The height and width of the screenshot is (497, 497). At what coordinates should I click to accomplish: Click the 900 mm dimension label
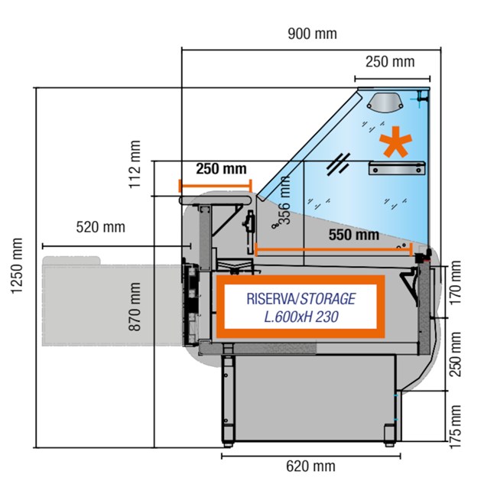pos(312,34)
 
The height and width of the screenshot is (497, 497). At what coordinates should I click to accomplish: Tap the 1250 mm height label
pos(17,266)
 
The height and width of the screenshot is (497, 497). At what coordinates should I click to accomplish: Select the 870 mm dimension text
pos(135,307)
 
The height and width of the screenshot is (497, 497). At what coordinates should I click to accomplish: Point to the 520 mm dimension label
pos(100,227)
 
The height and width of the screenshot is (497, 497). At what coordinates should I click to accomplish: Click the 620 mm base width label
pos(310,466)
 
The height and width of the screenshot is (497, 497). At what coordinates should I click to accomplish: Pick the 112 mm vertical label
pos(135,164)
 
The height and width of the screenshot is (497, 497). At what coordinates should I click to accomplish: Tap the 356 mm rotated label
pos(284,200)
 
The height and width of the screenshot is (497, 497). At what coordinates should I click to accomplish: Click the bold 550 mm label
pos(354,235)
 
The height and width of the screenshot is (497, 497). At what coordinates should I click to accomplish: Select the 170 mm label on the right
pos(456,283)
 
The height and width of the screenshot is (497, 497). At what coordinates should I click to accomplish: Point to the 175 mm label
pos(456,427)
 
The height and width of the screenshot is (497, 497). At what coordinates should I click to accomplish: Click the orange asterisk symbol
pos(396,141)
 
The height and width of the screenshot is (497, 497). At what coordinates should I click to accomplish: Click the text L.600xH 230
pos(301,317)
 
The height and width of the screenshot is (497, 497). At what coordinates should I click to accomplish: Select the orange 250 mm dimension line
pos(215,186)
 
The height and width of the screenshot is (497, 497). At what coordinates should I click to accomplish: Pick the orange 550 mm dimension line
pos(334,250)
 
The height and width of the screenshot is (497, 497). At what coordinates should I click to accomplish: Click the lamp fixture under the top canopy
pos(385,102)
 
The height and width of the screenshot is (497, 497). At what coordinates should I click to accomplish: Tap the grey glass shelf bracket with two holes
pos(397,168)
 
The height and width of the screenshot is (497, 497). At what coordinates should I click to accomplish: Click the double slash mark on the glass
pos(339,164)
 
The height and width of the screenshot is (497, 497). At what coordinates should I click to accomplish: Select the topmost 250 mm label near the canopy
pos(390,62)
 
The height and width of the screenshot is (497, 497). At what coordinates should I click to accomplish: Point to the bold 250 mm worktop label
pos(221,169)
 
